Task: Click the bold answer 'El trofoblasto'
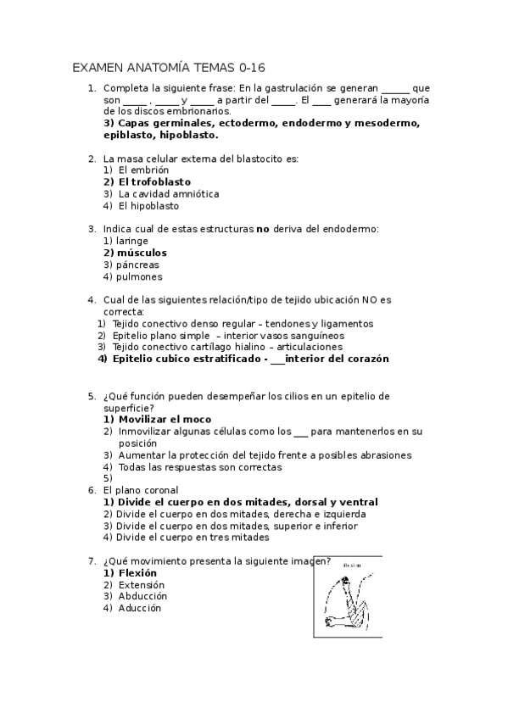154,181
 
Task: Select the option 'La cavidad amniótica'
168,193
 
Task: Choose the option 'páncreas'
138,265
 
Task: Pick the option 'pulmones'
139,276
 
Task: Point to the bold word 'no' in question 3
263,229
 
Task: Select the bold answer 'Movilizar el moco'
165,419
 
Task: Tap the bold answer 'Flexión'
137,572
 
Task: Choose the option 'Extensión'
142,584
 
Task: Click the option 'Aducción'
139,608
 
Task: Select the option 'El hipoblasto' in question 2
148,205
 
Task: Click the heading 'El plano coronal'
141,490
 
